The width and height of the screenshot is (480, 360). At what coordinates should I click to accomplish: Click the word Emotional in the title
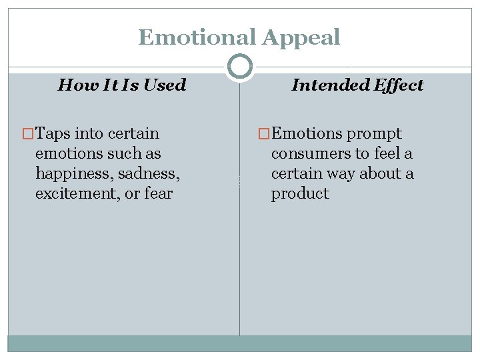[x=197, y=37]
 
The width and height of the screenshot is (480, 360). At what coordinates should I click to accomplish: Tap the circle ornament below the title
[x=240, y=66]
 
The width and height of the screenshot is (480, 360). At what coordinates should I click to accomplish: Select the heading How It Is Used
[x=122, y=85]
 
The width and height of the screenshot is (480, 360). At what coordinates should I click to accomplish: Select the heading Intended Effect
[x=357, y=85]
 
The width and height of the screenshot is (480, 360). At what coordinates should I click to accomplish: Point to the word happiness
[x=74, y=173]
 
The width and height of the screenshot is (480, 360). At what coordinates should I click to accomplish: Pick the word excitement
[x=75, y=193]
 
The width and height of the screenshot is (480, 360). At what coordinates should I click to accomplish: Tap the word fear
[x=158, y=193]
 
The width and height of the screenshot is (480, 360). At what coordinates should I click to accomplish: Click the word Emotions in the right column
[x=305, y=133]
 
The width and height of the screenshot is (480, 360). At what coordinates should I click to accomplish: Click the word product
[x=300, y=193]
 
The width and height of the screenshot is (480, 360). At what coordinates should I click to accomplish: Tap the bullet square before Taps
[x=28, y=133]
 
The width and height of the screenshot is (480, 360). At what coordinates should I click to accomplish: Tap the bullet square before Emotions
[x=264, y=133]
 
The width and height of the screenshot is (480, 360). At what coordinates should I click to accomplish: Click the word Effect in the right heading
[x=398, y=85]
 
